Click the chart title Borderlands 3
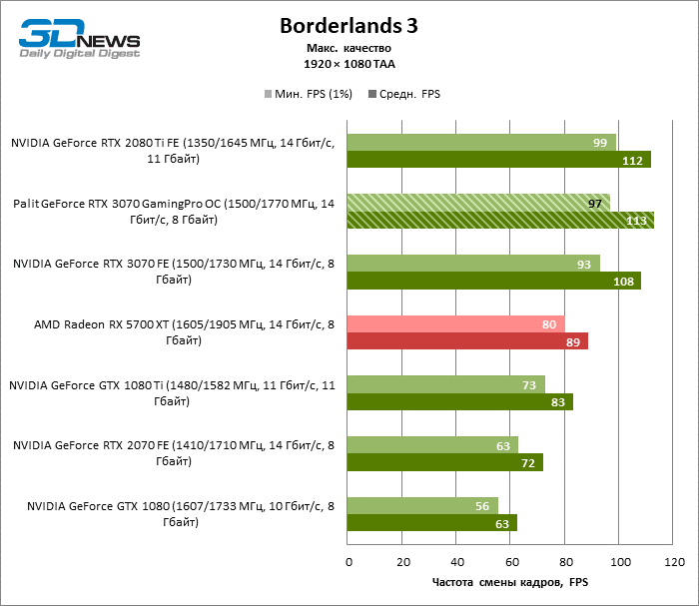point(349,24)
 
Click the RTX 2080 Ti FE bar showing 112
point(498,160)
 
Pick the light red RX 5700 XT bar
point(455,323)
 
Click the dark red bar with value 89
point(467,341)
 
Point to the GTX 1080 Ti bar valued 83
point(459,401)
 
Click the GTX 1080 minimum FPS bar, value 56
point(422,505)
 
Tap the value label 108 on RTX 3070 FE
point(624,282)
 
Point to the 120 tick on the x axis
point(673,562)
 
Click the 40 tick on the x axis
point(456,562)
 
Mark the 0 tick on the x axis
point(348,562)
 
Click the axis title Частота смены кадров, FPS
point(509,582)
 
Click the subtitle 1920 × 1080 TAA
point(349,63)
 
